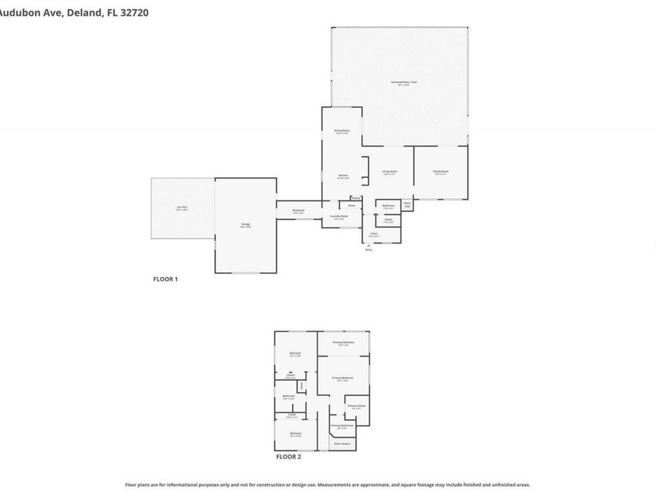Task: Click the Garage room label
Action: pos(246,225)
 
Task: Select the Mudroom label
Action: pos(298,211)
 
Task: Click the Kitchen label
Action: pos(343,176)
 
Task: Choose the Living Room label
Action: pos(388,172)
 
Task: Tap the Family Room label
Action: pos(441,172)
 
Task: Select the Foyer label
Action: pos(374,234)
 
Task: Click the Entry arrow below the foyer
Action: pos(368,247)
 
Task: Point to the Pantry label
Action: pos(356,198)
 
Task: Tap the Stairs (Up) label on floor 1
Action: pos(407,205)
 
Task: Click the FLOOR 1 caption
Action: pos(165,279)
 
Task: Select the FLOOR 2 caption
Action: pos(288,457)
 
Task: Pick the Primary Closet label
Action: pos(356,407)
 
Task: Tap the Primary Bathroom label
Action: pos(342,426)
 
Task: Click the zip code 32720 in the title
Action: pos(133,12)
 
